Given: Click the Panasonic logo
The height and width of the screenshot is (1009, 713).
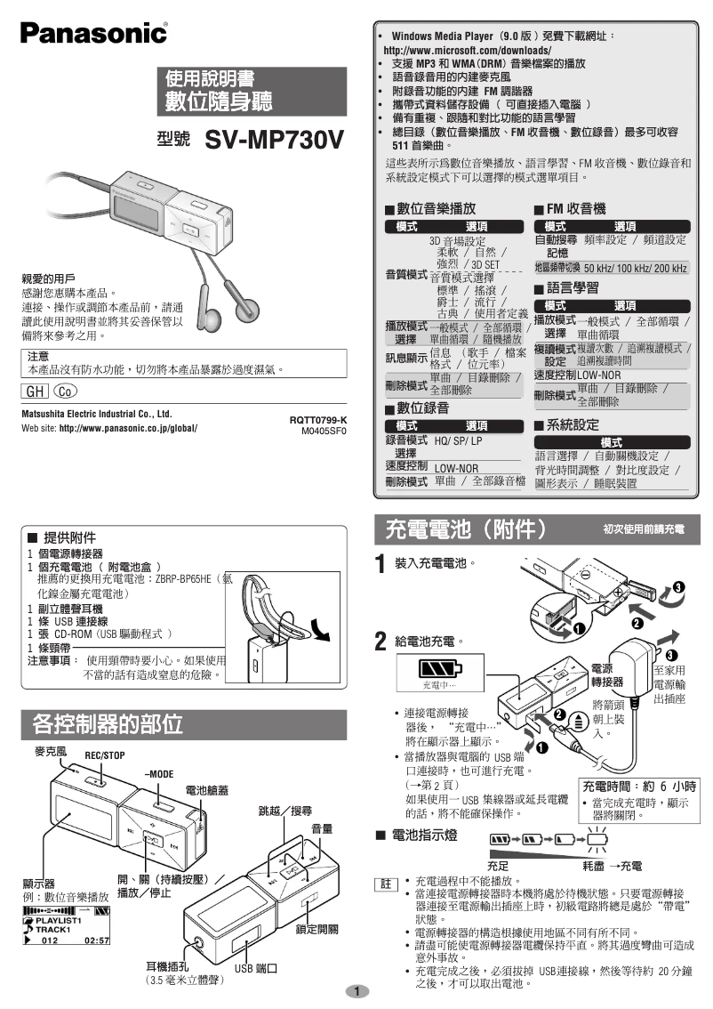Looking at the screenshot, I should pos(94,33).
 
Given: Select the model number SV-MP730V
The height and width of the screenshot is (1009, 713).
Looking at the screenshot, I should pos(274,141).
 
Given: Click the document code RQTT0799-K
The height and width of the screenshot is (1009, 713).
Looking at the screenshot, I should pos(317,420).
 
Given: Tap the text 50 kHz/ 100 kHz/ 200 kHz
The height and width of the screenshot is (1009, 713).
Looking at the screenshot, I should pos(635,268).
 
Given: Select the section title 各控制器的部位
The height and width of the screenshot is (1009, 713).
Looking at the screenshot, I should pos(108,722).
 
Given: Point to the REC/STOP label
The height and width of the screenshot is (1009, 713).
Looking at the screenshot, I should pos(104,755).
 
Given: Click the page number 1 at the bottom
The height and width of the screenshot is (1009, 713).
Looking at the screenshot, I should pos(356,991).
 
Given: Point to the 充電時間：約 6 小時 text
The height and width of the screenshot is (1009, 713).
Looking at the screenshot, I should pos(638,787).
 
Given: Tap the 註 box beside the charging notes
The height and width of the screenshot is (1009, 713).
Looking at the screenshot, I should pos(385,884).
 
